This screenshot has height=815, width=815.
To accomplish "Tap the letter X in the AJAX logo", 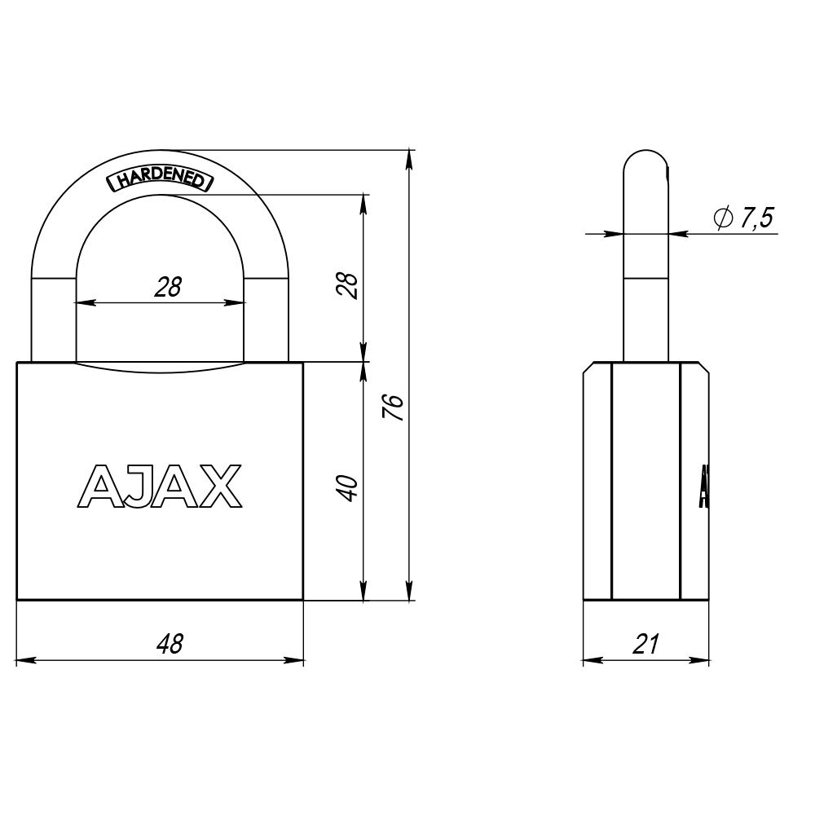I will [220, 486].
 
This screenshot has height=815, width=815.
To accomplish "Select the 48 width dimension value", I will [170, 645].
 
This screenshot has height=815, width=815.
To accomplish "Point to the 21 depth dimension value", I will [645, 645].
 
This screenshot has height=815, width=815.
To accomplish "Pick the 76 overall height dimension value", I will [393, 406].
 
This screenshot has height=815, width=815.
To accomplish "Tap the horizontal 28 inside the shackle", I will [167, 286].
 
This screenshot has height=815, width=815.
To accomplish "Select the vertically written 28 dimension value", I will [348, 285].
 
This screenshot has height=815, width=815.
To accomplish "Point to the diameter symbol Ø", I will [720, 218].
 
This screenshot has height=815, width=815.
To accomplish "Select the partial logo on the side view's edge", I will [703, 487].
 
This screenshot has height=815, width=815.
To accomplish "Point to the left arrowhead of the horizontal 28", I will [83, 302].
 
